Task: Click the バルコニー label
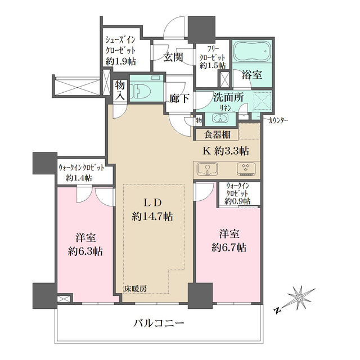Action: click(x=159, y=324)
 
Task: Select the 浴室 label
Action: click(x=250, y=74)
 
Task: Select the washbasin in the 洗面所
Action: click(x=220, y=118)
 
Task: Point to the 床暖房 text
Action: click(x=136, y=289)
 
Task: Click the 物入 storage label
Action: click(x=120, y=90)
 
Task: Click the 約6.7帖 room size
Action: click(x=228, y=247)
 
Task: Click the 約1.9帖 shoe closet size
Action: click(x=121, y=62)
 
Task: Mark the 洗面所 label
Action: click(x=228, y=97)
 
